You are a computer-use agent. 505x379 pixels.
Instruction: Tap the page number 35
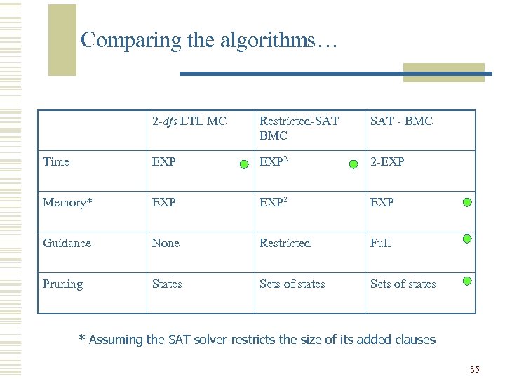(474, 369)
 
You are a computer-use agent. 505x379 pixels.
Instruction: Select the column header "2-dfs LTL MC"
(189, 121)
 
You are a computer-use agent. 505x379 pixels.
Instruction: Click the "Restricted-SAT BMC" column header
(299, 128)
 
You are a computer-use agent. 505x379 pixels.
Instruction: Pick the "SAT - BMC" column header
(401, 121)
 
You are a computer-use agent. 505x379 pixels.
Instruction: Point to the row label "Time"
(56, 161)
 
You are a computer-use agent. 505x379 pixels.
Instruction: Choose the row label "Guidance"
(67, 243)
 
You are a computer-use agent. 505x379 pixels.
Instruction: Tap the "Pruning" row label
(62, 284)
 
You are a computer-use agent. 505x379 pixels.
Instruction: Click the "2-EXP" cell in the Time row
(387, 161)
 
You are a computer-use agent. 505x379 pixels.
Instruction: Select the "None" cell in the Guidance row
(166, 243)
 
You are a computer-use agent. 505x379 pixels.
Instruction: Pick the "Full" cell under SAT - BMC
(380, 243)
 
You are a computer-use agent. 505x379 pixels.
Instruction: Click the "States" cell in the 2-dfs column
(167, 284)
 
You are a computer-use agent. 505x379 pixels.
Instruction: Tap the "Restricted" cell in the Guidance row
(285, 243)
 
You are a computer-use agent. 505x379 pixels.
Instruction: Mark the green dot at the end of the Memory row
(467, 204)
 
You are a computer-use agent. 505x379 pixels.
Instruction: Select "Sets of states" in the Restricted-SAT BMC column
(292, 284)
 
